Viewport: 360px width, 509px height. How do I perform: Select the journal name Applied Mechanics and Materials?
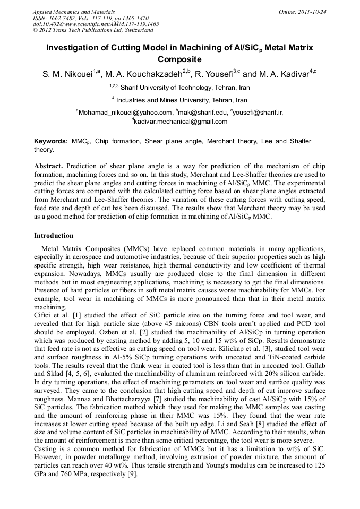[x=74, y=11]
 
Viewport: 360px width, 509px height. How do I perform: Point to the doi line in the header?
[x=96, y=24]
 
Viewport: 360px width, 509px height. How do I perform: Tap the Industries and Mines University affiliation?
[x=182, y=100]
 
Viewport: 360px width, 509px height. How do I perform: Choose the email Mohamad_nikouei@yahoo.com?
[x=126, y=113]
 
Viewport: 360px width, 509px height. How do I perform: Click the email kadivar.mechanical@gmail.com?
[x=181, y=122]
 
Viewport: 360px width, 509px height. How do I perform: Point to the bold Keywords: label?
[x=51, y=141]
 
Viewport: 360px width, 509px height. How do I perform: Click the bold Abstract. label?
[x=49, y=166]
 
